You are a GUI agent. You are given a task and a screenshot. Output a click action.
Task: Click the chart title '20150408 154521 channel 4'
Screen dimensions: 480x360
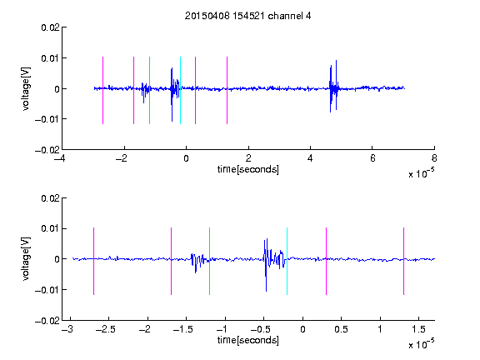248,16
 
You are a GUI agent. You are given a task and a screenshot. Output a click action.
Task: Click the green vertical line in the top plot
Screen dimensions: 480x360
149,90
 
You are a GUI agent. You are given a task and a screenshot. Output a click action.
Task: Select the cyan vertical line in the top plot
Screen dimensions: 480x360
180,90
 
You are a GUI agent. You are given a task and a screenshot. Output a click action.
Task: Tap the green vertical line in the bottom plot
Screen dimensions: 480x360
209,261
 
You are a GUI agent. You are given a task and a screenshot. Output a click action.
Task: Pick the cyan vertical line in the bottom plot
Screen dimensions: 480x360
287,261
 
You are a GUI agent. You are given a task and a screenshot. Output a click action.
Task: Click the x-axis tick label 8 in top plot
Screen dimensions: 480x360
434,158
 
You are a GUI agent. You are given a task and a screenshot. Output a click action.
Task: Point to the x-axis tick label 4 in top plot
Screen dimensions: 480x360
310,158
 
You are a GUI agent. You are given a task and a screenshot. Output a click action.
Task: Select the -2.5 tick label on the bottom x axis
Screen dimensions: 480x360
106,329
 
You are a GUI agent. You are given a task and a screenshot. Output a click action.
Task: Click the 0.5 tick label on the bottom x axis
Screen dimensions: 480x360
341,329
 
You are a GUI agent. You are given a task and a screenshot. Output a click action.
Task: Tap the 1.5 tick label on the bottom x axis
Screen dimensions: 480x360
418,329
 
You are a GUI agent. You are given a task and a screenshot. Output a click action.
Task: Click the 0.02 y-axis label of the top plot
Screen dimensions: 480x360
50,27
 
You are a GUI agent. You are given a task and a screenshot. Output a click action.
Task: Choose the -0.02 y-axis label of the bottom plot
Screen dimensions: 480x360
47,321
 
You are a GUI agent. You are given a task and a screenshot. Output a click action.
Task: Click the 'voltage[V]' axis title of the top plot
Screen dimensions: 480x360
27,89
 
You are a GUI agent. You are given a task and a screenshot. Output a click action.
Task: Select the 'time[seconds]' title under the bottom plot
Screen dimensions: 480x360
248,340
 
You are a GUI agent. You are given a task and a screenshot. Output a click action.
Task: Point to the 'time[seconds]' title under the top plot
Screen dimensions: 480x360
248,169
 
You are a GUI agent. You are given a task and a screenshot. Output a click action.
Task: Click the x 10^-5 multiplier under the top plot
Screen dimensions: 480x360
421,172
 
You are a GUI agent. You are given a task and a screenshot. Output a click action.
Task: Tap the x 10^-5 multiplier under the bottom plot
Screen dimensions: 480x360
421,343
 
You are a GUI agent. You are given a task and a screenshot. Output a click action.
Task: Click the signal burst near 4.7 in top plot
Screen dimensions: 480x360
333,88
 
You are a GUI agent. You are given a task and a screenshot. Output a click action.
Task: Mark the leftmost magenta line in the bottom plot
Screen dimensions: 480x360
93,261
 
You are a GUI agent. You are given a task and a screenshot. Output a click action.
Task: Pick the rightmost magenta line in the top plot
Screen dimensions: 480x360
227,90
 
